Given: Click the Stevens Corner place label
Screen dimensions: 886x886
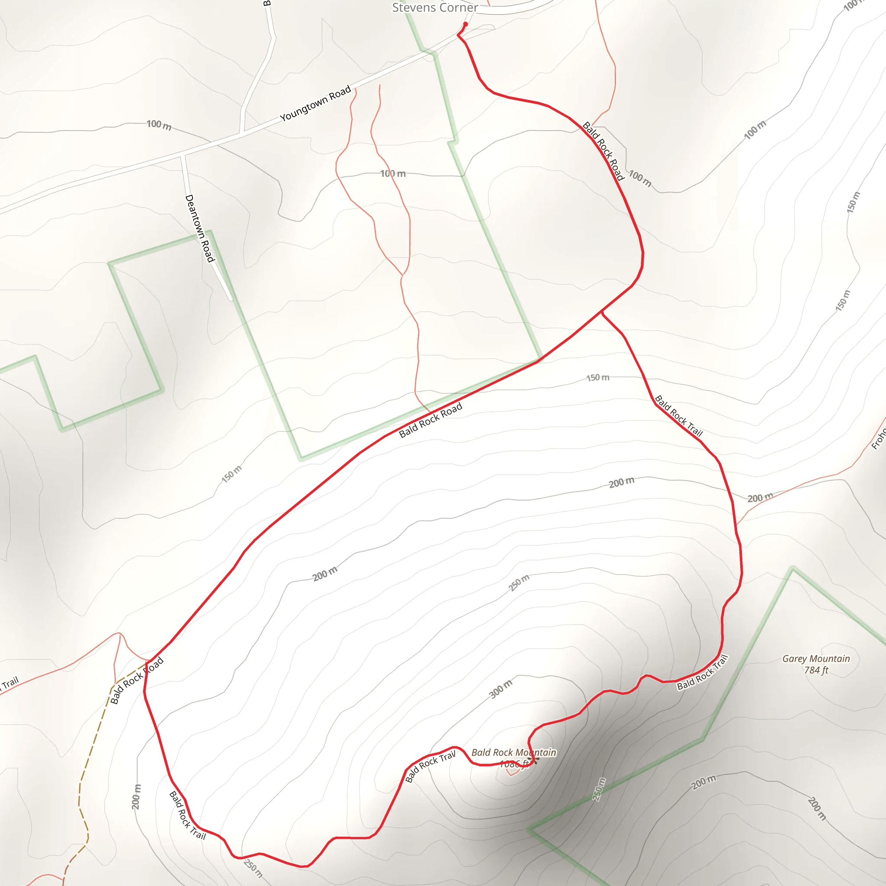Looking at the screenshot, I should [x=435, y=8].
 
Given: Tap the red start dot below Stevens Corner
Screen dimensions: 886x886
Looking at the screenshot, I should [x=465, y=24].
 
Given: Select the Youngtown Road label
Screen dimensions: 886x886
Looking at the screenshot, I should [x=315, y=104].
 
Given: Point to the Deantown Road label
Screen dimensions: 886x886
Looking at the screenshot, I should [x=199, y=228].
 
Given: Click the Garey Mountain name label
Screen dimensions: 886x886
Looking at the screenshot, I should [x=816, y=658].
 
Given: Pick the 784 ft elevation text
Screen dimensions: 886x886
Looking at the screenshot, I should [x=816, y=670].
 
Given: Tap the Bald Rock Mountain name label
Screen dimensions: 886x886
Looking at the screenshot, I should [x=514, y=753].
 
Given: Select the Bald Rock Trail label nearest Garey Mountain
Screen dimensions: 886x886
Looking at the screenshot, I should [x=703, y=673].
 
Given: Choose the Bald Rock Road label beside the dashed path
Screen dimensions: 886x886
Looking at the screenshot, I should [x=137, y=681].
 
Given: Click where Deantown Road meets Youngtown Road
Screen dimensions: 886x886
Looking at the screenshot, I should [x=183, y=156].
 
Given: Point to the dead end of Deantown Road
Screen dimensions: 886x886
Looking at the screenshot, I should [x=231, y=299].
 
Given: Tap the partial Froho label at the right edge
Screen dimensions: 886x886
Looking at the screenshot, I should [x=879, y=438].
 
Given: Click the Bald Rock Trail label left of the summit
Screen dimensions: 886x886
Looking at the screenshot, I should [x=430, y=766].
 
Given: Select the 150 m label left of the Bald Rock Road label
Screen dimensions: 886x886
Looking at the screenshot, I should [x=231, y=474].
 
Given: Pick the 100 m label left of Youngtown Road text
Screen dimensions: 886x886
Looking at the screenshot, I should [x=159, y=125].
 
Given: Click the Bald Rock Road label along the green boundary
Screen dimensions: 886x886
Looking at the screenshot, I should [x=430, y=421].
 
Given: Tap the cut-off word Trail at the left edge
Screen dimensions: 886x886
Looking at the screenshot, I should [x=9, y=683].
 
